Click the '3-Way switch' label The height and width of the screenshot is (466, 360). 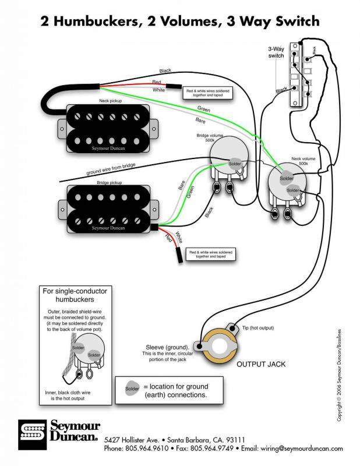(x=276, y=51)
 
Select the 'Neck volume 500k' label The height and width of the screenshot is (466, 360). (x=303, y=162)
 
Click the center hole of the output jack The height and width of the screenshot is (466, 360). (x=220, y=345)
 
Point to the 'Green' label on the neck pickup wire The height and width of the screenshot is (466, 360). (x=203, y=109)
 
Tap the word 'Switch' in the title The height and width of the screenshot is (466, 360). (x=293, y=22)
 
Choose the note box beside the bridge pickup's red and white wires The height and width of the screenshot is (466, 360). (x=210, y=253)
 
